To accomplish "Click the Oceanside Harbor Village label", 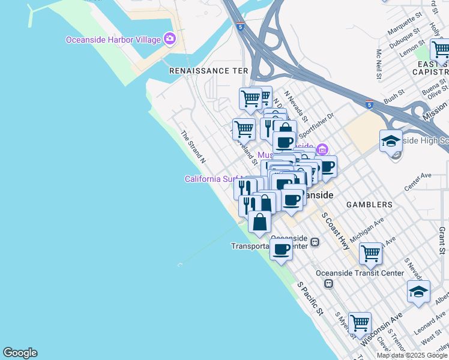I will (113, 40).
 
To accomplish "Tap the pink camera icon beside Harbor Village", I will (170, 40).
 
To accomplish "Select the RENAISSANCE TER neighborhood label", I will (208, 71).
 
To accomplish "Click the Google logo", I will (20, 353).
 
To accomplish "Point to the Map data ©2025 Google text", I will (411, 355).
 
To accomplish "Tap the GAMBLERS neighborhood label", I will (370, 205).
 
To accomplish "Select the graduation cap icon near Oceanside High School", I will (391, 141).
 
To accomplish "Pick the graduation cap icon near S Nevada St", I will (418, 292).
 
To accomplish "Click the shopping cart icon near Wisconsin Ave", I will (360, 323).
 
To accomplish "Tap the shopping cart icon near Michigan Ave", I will (371, 253).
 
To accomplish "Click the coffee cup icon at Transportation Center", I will (280, 250).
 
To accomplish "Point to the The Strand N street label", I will (194, 147).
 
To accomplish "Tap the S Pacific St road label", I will (310, 299).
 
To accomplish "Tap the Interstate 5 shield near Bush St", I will (369, 105).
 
